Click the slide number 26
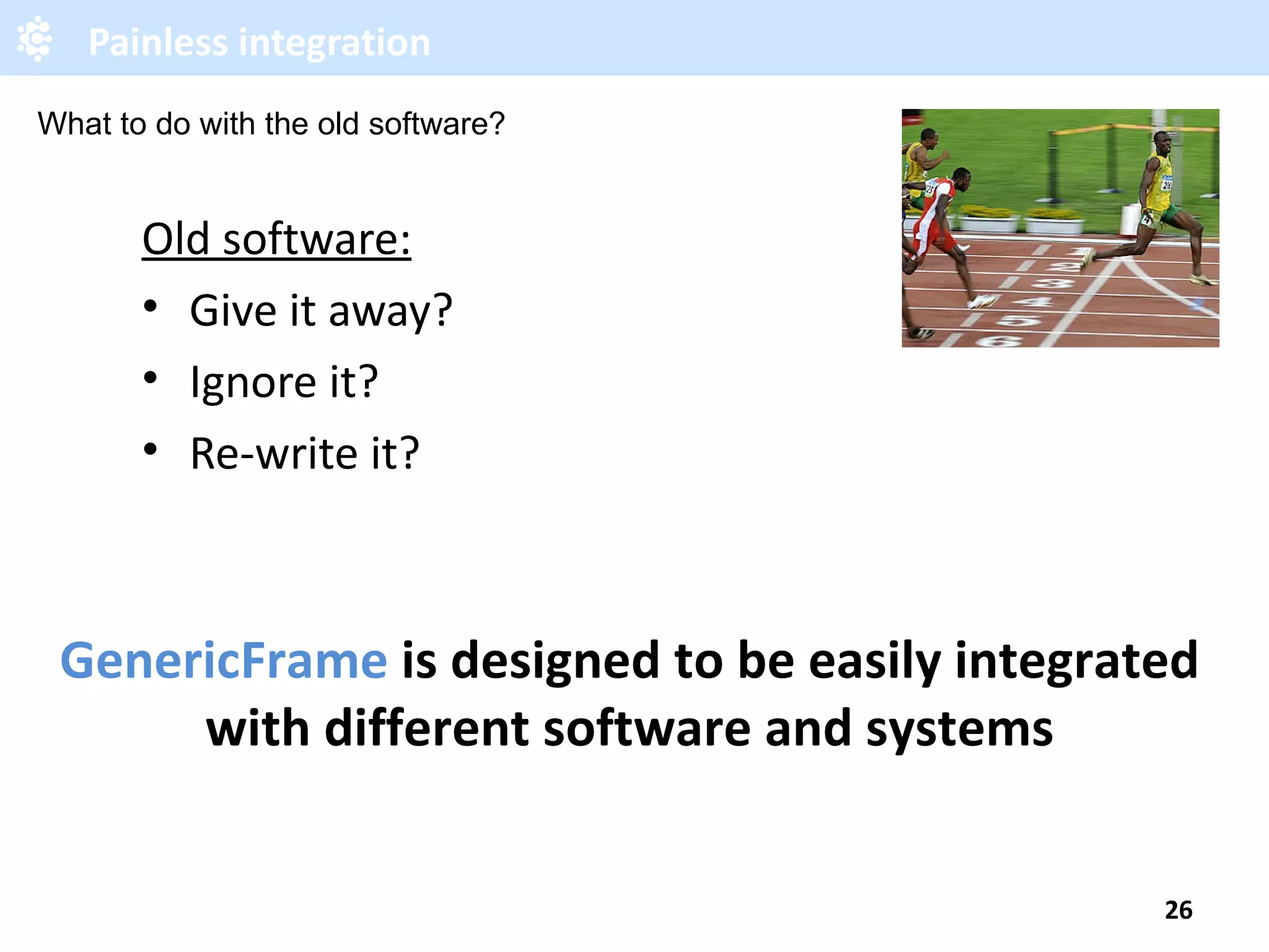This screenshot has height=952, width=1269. [x=1178, y=910]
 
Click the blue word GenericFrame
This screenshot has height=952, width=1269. [x=224, y=661]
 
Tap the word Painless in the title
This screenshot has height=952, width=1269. [x=157, y=43]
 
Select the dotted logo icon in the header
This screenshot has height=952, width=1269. [x=35, y=38]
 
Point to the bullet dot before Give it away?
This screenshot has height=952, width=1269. [x=150, y=306]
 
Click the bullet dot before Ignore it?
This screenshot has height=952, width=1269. [x=150, y=377]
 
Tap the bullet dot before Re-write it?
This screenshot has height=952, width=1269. [x=150, y=449]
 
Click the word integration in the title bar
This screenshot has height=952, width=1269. [x=334, y=43]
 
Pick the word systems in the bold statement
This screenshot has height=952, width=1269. [x=959, y=729]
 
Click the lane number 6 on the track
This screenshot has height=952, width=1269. [x=999, y=340]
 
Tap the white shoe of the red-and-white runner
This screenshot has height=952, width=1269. [x=981, y=302]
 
